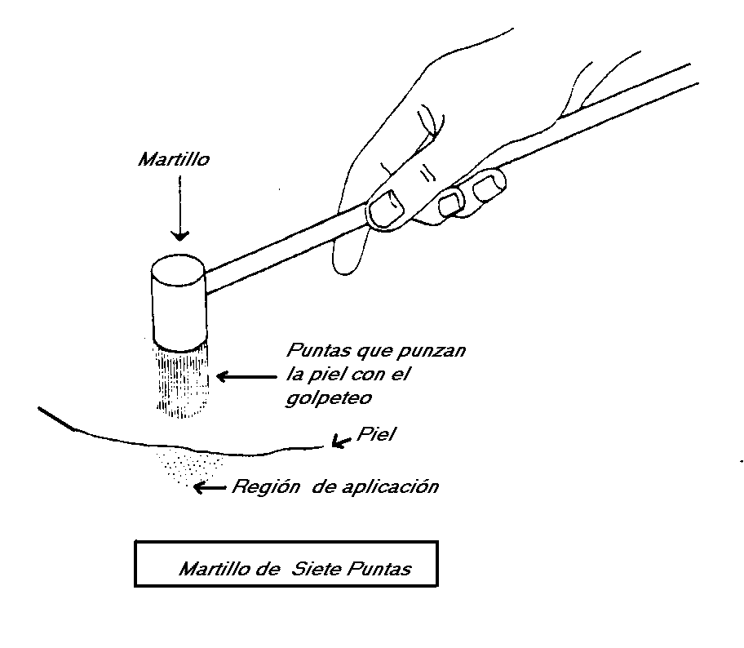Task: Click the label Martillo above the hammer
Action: click(x=173, y=160)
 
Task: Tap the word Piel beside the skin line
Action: click(x=376, y=435)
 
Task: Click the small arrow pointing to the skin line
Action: click(x=340, y=442)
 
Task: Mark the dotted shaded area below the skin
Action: click(x=186, y=468)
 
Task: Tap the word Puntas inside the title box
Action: click(x=380, y=569)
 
